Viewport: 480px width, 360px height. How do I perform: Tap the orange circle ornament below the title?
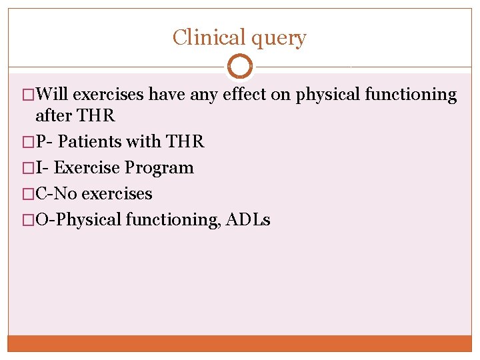[x=240, y=67]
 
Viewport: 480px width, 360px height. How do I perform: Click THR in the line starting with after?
[x=97, y=115]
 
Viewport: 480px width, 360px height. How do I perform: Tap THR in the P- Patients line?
[x=185, y=141]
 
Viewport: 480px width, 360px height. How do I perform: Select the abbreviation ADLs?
[x=248, y=220]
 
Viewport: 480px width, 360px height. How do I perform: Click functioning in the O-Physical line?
[x=173, y=220]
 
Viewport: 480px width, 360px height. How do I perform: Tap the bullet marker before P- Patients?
[x=27, y=142]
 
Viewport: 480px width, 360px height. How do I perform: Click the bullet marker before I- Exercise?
[x=27, y=168]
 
